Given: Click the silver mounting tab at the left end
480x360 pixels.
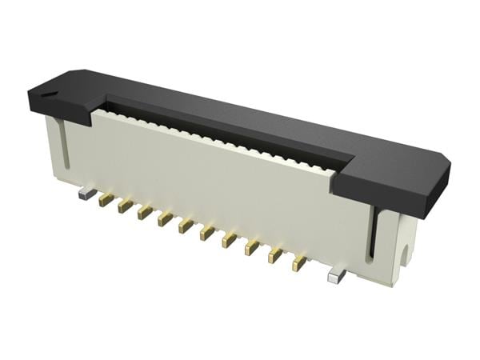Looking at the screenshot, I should (85, 193).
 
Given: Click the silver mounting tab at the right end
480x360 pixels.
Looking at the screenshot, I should (337, 276).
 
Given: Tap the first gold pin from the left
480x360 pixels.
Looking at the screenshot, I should (106, 200).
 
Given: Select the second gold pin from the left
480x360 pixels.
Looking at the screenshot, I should (125, 206).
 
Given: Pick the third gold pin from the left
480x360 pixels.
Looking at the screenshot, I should (144, 212).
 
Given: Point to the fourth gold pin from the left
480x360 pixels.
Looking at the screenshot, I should (164, 218).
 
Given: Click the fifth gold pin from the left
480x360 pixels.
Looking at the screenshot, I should (185, 226).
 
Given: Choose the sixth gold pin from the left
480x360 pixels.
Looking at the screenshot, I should (206, 233).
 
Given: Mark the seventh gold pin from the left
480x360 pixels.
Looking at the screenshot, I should (229, 239).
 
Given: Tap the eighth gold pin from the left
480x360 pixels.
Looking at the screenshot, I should (251, 247).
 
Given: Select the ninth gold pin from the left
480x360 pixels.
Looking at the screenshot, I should (275, 255).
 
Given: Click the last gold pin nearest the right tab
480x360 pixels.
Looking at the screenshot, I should (299, 263).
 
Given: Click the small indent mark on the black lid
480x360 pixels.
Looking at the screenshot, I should (50, 94).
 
